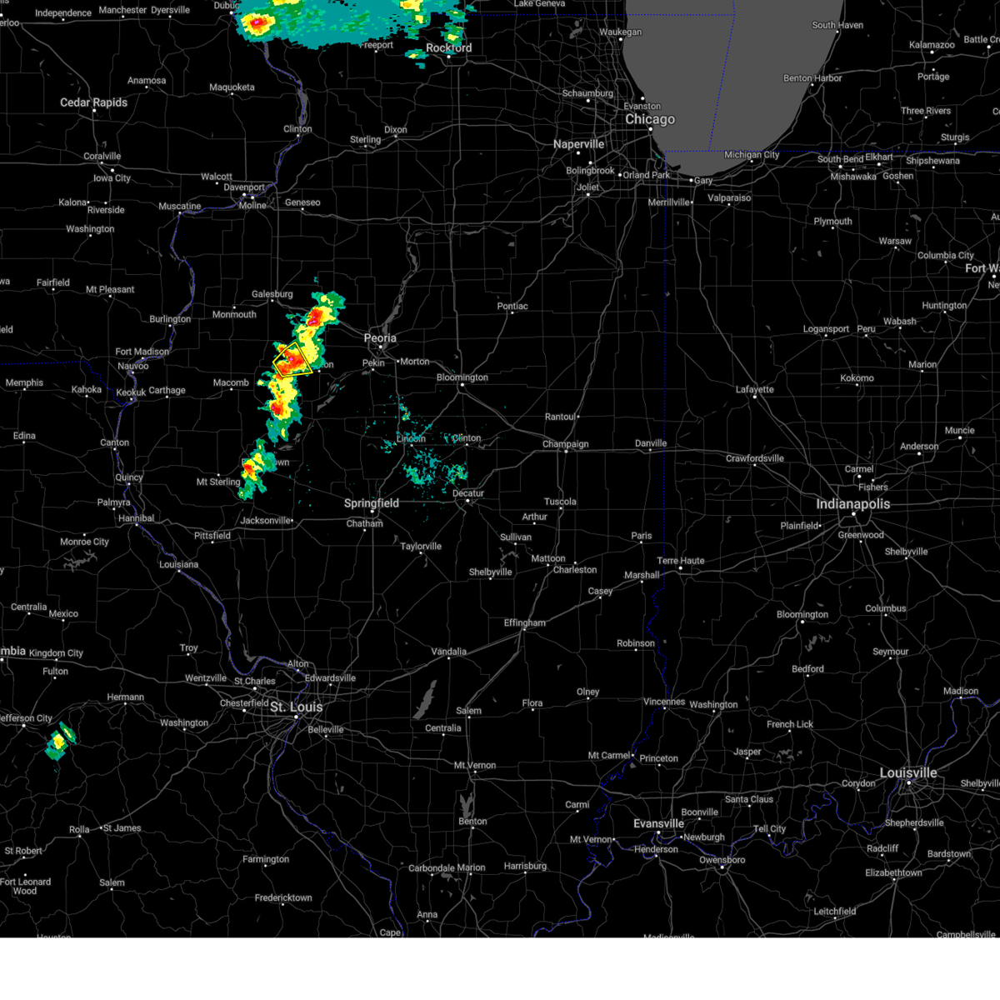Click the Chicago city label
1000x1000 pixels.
[x=650, y=119]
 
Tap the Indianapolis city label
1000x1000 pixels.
[x=852, y=504]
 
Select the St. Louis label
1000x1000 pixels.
[x=296, y=707]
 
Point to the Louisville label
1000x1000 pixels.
[x=908, y=772]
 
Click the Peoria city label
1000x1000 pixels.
[x=380, y=338]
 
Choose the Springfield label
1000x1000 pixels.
[x=372, y=503]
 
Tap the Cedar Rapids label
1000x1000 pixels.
[x=93, y=102]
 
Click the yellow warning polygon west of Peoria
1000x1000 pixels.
[x=292, y=360]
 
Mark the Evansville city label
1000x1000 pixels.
[x=658, y=823]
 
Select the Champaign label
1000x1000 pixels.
[x=565, y=444]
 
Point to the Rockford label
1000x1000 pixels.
[x=448, y=48]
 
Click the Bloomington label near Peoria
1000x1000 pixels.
[x=462, y=377]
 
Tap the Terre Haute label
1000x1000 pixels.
[x=680, y=561]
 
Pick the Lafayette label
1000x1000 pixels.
[x=754, y=389]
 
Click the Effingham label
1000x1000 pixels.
[x=524, y=623]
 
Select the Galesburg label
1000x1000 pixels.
[x=272, y=294]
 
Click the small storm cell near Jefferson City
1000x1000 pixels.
[x=59, y=741]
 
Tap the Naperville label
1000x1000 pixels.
[x=578, y=144]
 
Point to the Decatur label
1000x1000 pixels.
[x=467, y=493]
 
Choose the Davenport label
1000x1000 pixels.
[x=243, y=187]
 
